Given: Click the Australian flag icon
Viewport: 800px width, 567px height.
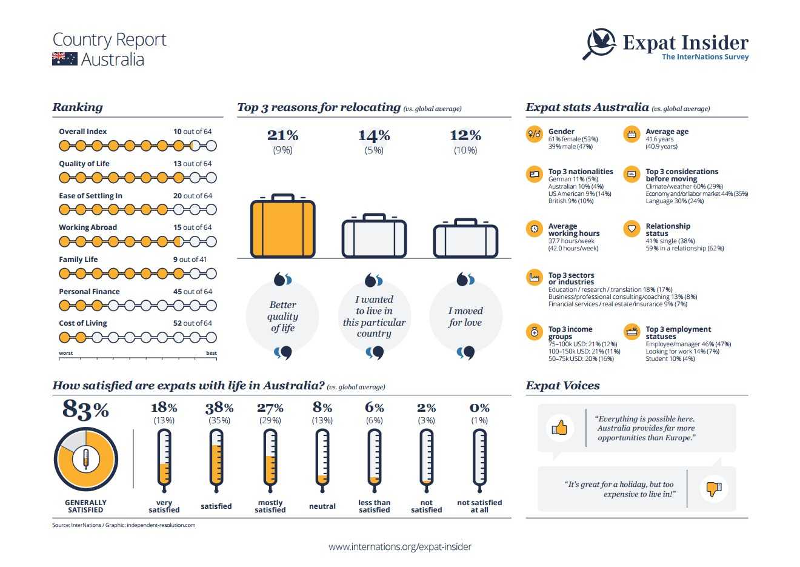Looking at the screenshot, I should click(64, 59).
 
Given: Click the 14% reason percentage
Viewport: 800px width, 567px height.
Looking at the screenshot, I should click(374, 135).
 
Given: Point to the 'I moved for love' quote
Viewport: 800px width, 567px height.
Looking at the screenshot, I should click(465, 317).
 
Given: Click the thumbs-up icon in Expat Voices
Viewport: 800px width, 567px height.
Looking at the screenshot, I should click(559, 428).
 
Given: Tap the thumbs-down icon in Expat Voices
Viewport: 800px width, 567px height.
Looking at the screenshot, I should click(714, 488).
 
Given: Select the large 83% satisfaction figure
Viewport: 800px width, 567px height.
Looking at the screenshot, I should click(85, 411).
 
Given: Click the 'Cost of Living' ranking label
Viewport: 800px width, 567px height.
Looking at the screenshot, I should click(83, 323).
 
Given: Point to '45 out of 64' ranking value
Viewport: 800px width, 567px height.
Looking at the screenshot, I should click(193, 292).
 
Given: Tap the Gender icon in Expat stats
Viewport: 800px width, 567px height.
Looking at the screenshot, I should click(534, 134).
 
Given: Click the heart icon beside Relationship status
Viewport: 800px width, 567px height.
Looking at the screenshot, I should click(632, 229).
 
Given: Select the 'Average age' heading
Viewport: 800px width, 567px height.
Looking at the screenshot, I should click(667, 132).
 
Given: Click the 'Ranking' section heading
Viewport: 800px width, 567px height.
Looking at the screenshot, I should click(78, 107).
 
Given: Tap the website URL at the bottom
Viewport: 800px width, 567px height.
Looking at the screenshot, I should click(400, 547).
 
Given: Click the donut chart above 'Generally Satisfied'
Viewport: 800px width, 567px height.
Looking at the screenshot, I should click(85, 459).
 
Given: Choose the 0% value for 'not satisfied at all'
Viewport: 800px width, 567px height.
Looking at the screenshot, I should click(479, 408).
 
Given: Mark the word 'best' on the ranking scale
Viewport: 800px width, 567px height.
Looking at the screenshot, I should click(211, 353).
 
